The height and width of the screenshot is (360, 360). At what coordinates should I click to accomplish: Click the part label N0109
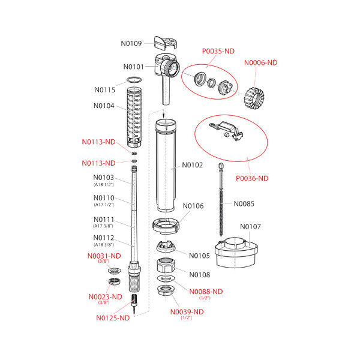click(x=131, y=43)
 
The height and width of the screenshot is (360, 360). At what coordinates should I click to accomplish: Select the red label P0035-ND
click(x=218, y=52)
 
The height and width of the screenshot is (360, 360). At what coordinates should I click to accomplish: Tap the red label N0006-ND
click(x=260, y=62)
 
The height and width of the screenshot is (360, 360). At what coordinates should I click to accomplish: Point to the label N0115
click(x=104, y=90)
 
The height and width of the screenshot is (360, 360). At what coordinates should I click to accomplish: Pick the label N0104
click(x=104, y=106)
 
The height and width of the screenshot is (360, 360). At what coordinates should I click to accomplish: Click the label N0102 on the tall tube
click(x=193, y=164)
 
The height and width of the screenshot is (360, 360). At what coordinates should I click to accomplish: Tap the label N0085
click(x=244, y=203)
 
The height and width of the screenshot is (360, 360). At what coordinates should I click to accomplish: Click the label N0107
click(x=250, y=227)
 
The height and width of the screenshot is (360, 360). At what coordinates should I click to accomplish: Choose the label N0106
click(x=193, y=206)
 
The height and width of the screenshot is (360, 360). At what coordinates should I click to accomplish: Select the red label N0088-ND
click(x=206, y=291)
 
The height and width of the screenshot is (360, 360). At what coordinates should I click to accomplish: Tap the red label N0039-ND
click(x=187, y=311)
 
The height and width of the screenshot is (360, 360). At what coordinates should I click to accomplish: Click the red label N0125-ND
click(x=113, y=318)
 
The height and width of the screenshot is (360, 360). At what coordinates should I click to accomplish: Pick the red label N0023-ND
click(x=105, y=296)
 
